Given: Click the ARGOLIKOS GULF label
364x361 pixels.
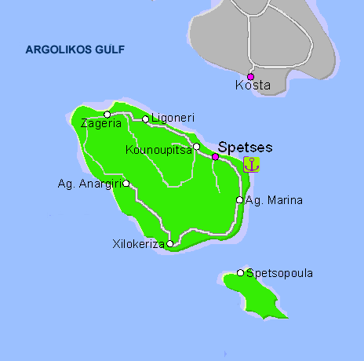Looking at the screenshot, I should [x=75, y=49].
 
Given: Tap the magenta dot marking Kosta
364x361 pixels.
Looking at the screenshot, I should [x=250, y=77].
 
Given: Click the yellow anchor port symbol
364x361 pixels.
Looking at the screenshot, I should [x=251, y=164].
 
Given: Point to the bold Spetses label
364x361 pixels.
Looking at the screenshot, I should [x=245, y=146].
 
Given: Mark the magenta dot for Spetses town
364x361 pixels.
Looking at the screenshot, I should [x=216, y=156].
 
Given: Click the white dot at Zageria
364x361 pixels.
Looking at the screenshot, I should [x=107, y=115].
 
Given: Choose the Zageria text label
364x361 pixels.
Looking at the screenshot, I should [x=101, y=123].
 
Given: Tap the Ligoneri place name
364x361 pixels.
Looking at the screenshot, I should [x=172, y=119].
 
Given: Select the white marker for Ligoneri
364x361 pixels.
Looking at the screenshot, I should [x=145, y=119].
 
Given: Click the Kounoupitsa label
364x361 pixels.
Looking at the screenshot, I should [x=158, y=150].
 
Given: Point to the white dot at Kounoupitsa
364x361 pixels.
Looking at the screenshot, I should [x=197, y=147].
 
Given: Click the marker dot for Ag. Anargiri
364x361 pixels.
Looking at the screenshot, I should [x=126, y=184].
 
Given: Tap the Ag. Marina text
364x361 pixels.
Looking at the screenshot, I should [x=274, y=200].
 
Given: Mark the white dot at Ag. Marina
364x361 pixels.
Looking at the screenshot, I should [x=240, y=200].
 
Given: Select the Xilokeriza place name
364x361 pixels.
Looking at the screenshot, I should [x=139, y=244].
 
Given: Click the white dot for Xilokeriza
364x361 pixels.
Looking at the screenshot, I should [x=170, y=243].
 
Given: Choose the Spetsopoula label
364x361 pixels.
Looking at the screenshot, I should [x=279, y=273].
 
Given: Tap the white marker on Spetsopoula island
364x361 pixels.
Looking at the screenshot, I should [x=241, y=273].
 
